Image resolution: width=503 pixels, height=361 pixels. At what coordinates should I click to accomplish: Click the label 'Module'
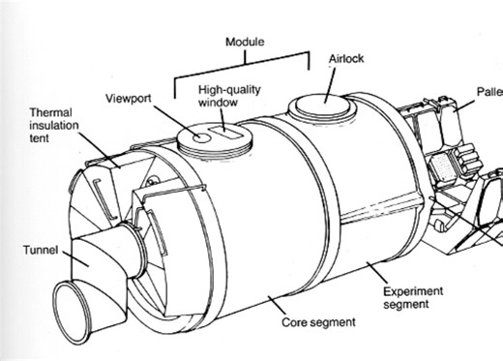pos(243,44)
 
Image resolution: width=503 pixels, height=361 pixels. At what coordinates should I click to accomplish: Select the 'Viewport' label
pos(130,98)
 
